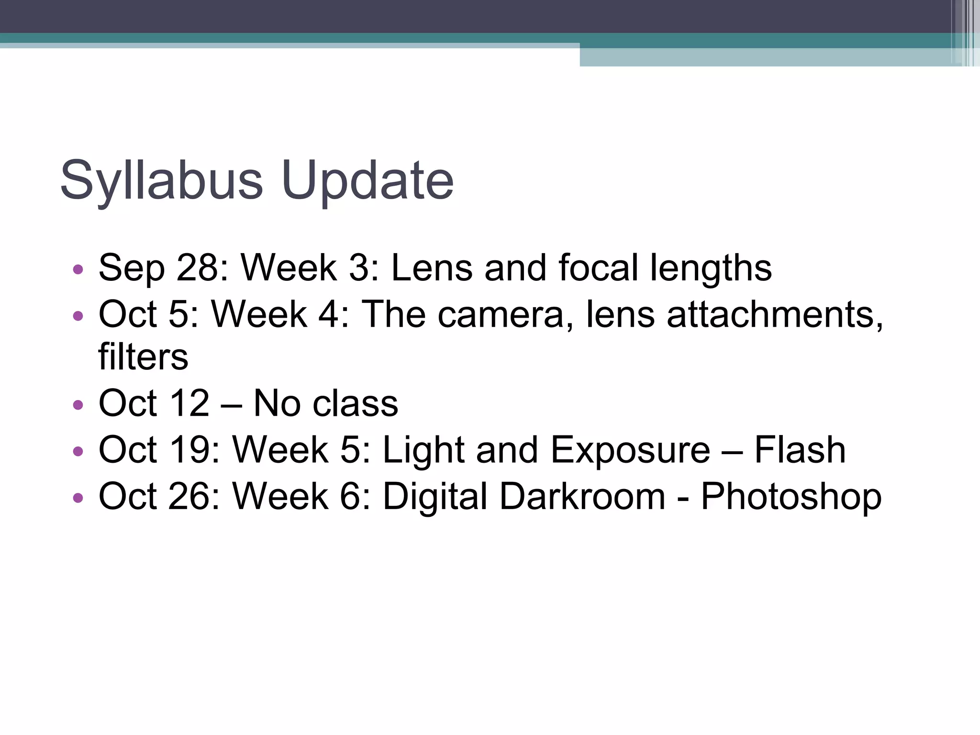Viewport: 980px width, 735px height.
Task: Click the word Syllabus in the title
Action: click(x=161, y=181)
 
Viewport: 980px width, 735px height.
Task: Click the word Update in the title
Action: click(x=367, y=181)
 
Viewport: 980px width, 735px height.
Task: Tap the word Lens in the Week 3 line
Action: click(x=432, y=267)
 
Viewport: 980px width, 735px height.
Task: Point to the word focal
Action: click(x=598, y=267)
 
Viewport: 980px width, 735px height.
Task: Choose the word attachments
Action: click(x=775, y=314)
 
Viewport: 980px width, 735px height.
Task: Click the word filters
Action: click(x=143, y=356)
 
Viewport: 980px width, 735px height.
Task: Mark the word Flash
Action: click(x=800, y=450)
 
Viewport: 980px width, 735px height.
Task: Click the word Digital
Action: click(x=435, y=496)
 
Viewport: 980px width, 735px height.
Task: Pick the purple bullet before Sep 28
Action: click(x=78, y=269)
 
